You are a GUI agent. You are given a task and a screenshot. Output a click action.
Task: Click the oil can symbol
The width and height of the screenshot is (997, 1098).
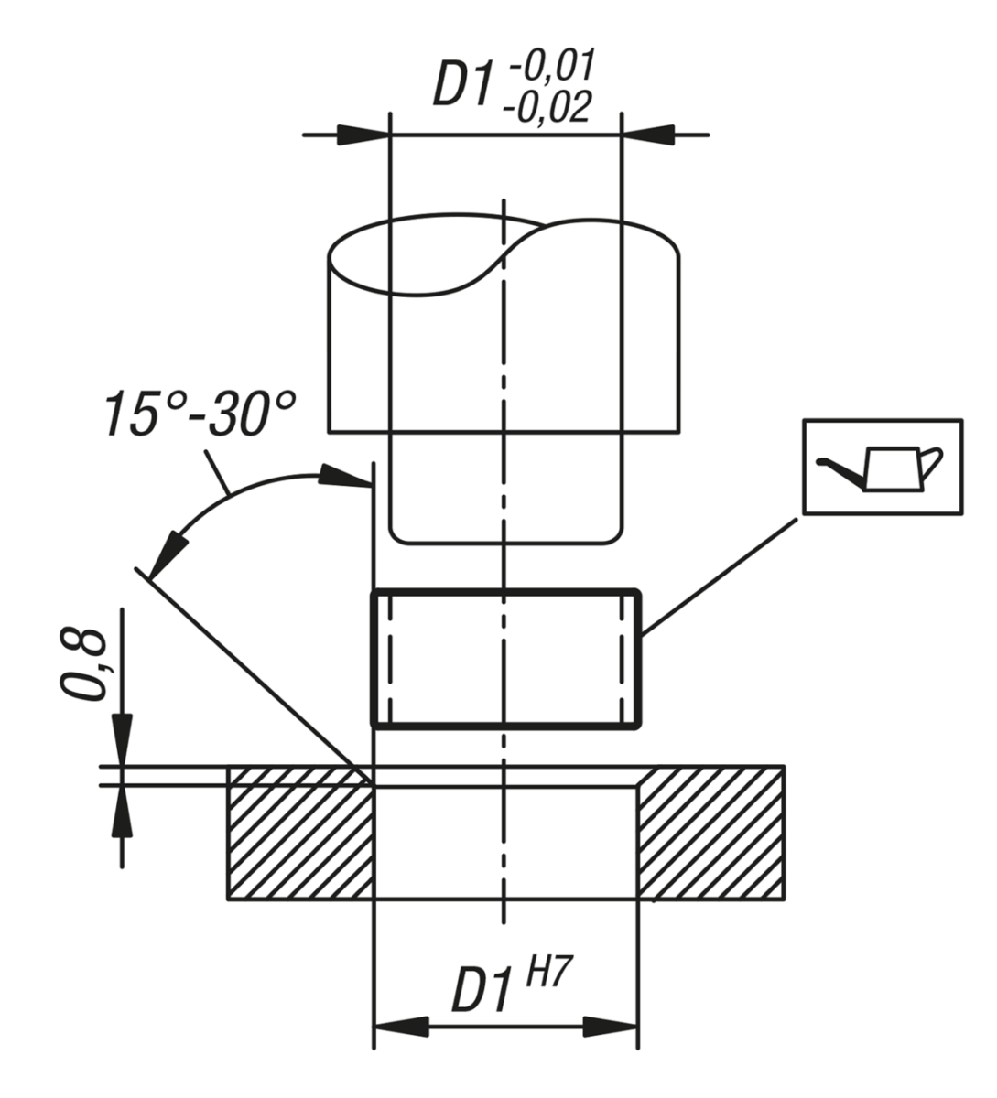(882, 466)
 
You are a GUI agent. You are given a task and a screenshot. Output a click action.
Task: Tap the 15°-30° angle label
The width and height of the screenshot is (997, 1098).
(200, 413)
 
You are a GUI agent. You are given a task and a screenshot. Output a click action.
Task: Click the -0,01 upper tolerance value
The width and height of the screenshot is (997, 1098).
(551, 68)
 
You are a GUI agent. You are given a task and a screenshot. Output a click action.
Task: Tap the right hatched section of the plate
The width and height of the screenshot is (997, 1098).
(710, 833)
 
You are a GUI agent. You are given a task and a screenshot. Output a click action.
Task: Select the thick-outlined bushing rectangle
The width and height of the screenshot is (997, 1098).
(504, 659)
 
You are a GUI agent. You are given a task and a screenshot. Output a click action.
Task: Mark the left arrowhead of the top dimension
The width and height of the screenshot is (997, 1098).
(363, 135)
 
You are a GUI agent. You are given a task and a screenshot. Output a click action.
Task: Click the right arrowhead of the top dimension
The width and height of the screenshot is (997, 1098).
(650, 135)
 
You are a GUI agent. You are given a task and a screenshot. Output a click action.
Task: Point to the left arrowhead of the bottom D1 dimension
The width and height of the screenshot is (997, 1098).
(400, 1027)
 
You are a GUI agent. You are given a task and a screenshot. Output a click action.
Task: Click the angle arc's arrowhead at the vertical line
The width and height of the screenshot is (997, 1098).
(345, 478)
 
